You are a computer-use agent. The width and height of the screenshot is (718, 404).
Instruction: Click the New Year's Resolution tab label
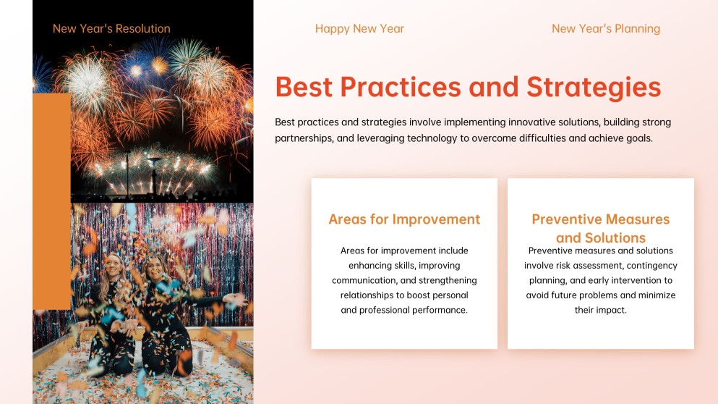pos(111,29)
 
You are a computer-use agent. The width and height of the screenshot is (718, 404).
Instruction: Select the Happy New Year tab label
pos(359,29)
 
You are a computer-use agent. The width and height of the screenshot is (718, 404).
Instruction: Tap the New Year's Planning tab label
pos(605,29)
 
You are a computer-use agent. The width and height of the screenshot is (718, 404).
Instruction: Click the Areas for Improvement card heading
pos(404,219)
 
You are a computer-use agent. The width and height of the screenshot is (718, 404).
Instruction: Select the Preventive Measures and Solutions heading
pos(600,228)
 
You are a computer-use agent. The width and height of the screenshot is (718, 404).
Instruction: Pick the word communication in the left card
pos(368,280)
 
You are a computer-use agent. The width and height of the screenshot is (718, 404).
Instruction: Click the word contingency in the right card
pos(651,266)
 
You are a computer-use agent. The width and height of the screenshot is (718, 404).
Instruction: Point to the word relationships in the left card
pos(369,295)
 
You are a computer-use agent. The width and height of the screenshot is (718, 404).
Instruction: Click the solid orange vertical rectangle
pos(51,201)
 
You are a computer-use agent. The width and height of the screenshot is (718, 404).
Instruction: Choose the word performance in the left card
pos(441,310)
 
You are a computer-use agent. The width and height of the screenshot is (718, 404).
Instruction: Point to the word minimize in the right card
pos(657,295)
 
